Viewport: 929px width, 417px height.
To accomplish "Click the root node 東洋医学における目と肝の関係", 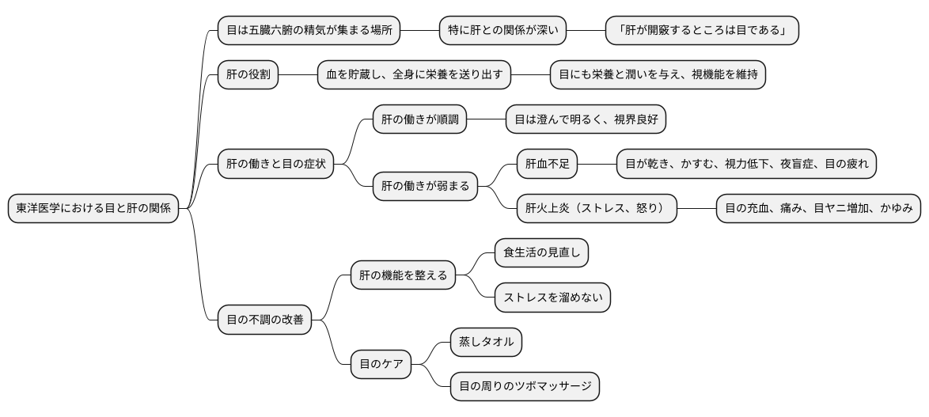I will (x=93, y=209).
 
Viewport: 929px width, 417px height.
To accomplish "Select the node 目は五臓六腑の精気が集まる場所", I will (x=309, y=31).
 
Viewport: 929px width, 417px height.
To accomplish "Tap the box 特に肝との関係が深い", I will (x=503, y=31).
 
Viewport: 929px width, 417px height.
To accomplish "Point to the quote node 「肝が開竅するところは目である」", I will (x=702, y=31).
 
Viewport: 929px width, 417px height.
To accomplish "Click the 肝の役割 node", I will (x=248, y=75).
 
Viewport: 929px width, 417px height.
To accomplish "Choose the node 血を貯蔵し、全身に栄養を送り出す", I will (x=414, y=75).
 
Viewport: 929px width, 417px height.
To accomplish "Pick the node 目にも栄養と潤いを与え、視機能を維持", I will (x=658, y=75).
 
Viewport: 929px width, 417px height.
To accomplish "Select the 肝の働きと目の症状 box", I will (x=275, y=165).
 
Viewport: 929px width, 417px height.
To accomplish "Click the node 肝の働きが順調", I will (x=419, y=120).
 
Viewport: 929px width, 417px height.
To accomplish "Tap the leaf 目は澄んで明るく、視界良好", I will (x=586, y=120).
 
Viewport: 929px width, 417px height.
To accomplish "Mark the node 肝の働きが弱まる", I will (x=425, y=187).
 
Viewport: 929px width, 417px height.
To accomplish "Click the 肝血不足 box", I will (x=547, y=165).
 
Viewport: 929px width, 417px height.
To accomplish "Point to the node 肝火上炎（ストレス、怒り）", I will (x=597, y=209).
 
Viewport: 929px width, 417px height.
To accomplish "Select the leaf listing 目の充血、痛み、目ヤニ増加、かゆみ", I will (x=818, y=209).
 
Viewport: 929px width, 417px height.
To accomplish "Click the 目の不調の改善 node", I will (x=264, y=320).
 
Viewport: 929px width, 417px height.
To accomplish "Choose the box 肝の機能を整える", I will (x=403, y=275).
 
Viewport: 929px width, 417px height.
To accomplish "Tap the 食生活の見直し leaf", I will (x=541, y=253).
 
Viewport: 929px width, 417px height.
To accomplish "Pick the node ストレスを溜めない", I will (x=552, y=298).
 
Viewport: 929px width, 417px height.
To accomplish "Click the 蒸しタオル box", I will (x=486, y=343).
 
